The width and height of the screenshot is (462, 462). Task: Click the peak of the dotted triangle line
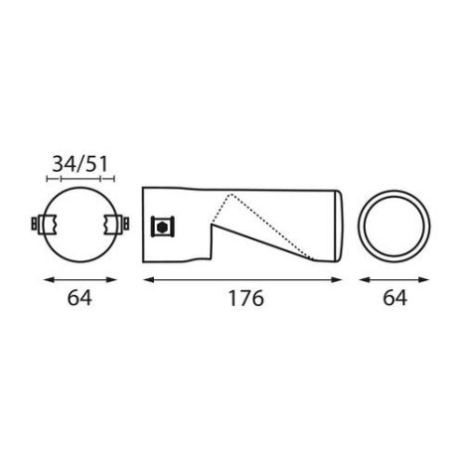231,192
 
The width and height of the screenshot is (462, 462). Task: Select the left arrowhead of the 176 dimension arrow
147,279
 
